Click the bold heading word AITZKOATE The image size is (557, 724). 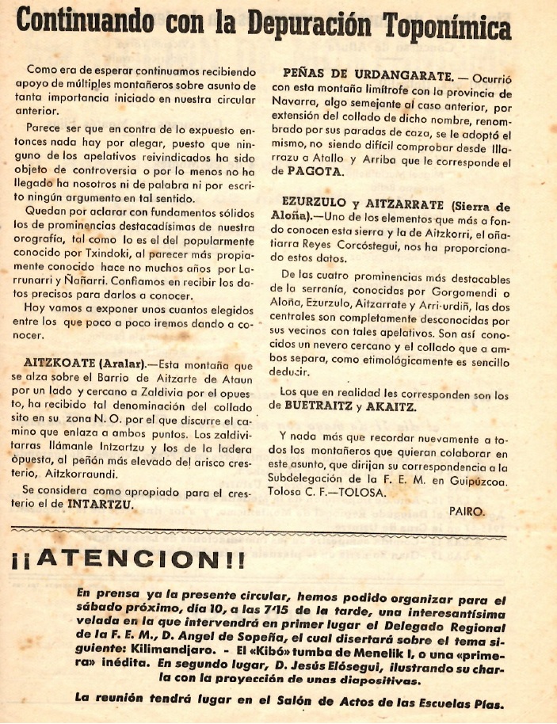coord(51,364)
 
